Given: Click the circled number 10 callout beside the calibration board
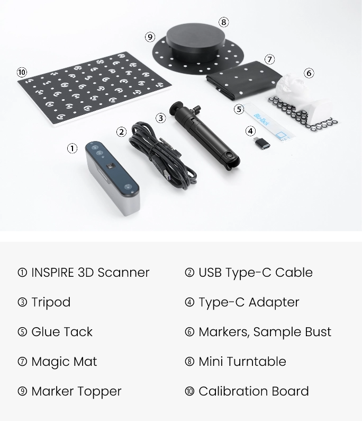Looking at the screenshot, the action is click(22, 72).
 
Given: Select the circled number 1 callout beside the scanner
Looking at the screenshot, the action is click(72, 148).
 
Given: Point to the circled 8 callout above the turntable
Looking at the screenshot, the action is click(224, 22).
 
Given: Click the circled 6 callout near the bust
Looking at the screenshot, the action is click(309, 73).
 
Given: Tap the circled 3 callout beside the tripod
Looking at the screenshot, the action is click(160, 118).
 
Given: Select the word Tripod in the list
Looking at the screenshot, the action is click(51, 303).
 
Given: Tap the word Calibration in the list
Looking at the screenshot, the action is click(233, 391).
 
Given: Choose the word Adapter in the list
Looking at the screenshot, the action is click(274, 303).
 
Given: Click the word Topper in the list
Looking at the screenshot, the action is click(101, 392).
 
